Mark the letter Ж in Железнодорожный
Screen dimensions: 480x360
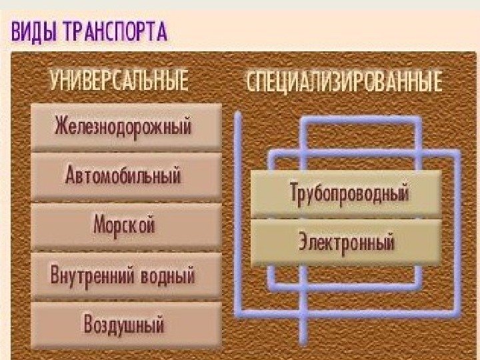click(62, 125)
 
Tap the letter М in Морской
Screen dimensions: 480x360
click(100, 225)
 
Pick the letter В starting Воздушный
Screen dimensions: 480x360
click(89, 325)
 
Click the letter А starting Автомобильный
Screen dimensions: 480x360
click(71, 176)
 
